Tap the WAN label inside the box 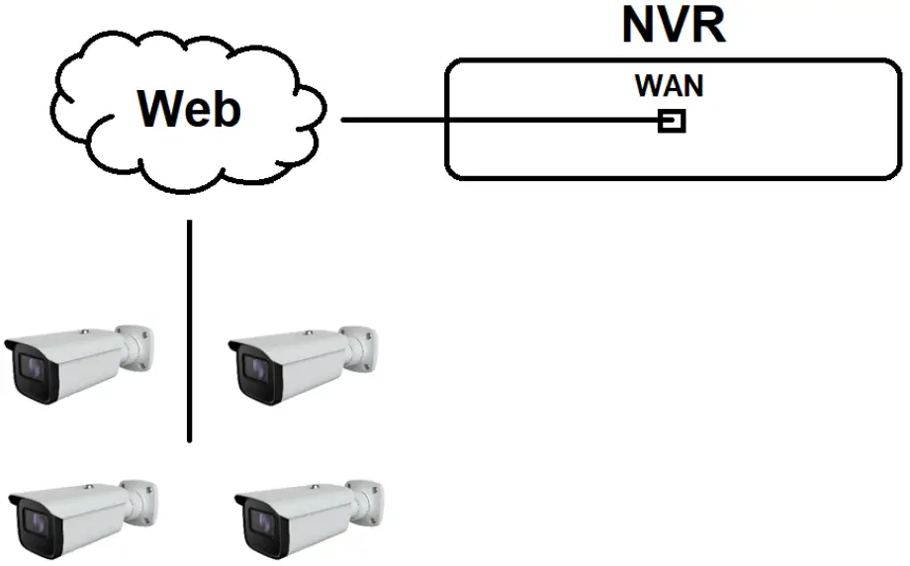tap(670, 86)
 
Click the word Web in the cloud tap(189, 108)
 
